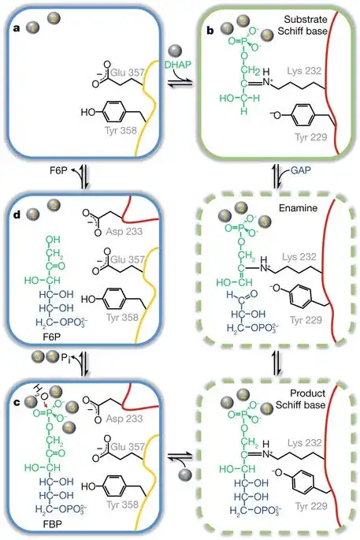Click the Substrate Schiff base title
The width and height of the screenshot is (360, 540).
point(312,24)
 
